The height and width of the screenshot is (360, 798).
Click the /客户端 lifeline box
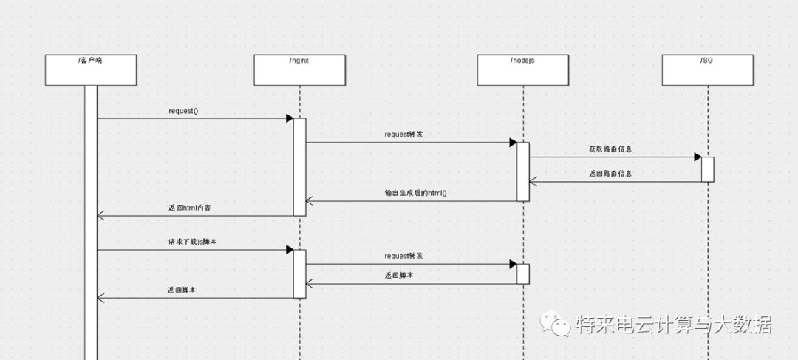(x=90, y=69)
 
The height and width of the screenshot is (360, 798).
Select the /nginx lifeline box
(x=299, y=69)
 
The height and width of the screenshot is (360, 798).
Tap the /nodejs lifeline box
(x=522, y=69)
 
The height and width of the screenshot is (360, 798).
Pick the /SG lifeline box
(x=707, y=69)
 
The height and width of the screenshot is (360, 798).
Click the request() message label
(x=183, y=111)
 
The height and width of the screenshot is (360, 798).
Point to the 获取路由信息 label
(x=610, y=149)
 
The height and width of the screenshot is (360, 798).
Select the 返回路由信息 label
(x=610, y=174)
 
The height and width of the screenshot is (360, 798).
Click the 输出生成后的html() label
(x=416, y=194)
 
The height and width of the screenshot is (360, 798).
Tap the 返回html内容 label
(x=191, y=208)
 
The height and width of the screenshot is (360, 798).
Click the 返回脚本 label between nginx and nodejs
(x=399, y=274)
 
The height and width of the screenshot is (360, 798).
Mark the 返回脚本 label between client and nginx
(x=182, y=291)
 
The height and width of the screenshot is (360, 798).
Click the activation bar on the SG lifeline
(x=707, y=169)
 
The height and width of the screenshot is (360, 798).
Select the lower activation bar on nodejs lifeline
(x=522, y=273)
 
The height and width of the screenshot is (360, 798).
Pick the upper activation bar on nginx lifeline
(x=299, y=166)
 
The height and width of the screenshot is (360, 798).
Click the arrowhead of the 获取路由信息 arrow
(x=697, y=157)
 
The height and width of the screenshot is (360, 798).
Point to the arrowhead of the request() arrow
(x=290, y=118)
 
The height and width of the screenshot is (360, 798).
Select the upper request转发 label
(x=403, y=135)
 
